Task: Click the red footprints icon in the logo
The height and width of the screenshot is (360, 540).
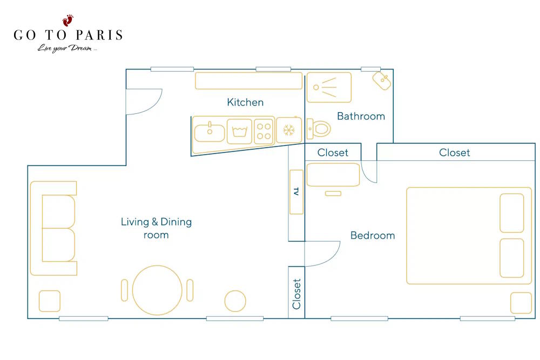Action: click(68, 21)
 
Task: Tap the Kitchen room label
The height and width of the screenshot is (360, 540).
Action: click(245, 102)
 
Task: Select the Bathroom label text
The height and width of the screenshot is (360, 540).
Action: click(361, 116)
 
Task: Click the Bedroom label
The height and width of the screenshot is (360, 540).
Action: click(373, 235)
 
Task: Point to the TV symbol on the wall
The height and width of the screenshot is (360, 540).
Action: click(296, 192)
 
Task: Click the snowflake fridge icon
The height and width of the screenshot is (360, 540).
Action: click(289, 130)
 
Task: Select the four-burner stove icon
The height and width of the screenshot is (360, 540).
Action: click(264, 131)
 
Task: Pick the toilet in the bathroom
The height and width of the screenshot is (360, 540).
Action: click(319, 128)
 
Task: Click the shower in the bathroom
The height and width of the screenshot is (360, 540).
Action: click(329, 87)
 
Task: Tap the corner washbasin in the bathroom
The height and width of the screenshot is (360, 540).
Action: click(382, 80)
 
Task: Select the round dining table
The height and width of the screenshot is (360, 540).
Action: click(157, 290)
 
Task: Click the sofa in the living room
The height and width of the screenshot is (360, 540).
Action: click(53, 228)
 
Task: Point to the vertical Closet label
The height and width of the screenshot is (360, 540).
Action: click(296, 294)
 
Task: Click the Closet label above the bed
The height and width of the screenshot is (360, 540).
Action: click(454, 152)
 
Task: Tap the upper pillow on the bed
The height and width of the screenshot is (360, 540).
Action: click(512, 213)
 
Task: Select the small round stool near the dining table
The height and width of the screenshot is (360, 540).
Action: click(235, 301)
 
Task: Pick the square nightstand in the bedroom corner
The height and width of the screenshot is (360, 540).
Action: click(521, 303)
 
